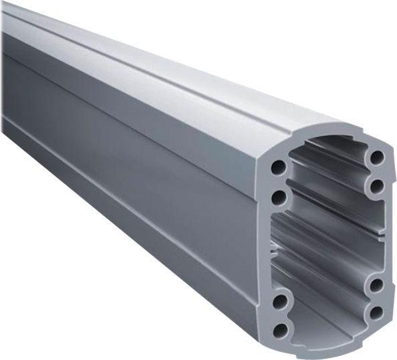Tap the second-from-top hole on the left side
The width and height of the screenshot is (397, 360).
(279, 196)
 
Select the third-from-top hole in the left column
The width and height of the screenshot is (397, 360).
(279, 301)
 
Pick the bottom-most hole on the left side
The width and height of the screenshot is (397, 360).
(281, 329)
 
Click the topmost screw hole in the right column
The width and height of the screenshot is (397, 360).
(378, 158)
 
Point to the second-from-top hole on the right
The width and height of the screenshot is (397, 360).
(376, 185)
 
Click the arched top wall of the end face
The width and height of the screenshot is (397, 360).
(327, 137)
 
